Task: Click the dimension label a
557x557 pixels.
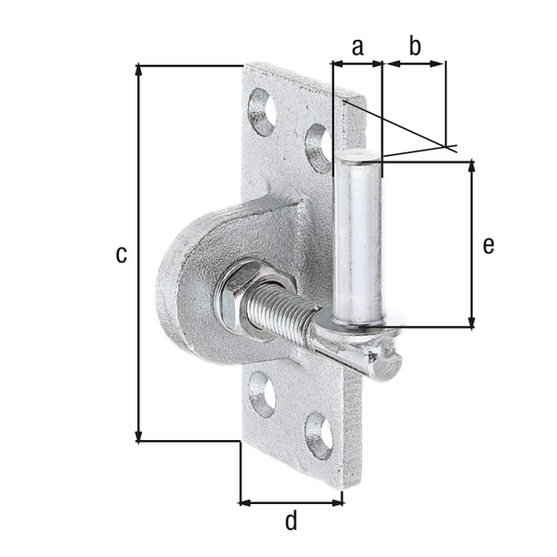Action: click(357, 45)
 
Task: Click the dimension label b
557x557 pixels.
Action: click(415, 45)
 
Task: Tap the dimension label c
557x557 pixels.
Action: click(121, 253)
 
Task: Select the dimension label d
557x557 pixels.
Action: click(291, 522)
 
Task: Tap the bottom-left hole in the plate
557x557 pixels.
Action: click(264, 393)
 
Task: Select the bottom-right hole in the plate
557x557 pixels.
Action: click(318, 434)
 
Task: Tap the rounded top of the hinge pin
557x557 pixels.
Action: click(357, 158)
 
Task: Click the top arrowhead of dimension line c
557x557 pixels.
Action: click(138, 70)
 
